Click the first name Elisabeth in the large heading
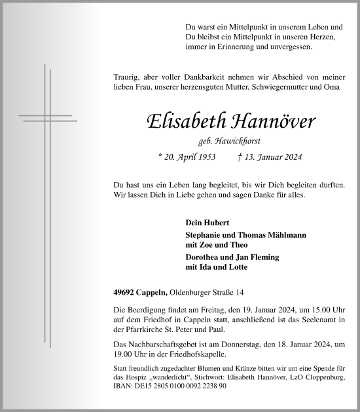pos(183,121)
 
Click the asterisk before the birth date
pos(160,157)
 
